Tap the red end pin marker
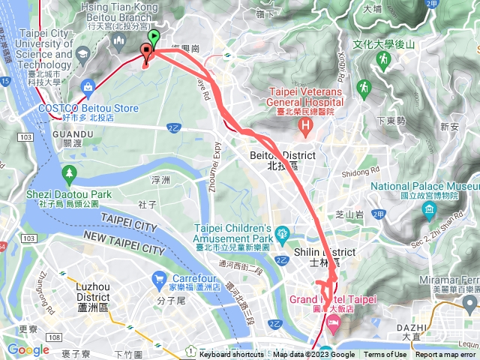tap(146, 52)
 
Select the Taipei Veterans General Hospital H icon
tap(304, 124)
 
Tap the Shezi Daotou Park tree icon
tap(70, 175)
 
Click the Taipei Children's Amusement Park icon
tap(281, 232)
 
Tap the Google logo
tap(28, 349)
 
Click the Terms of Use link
tap(385, 355)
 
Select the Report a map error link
tap(445, 355)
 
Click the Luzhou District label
tap(93, 292)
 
